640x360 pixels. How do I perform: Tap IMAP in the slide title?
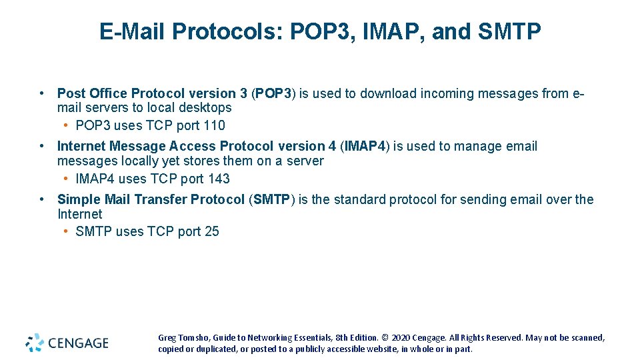coord(385,31)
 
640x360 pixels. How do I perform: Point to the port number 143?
coord(219,179)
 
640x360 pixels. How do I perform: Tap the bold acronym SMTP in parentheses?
coord(271,199)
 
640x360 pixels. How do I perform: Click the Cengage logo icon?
coord(35,343)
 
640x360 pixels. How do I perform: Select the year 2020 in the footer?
coord(399,338)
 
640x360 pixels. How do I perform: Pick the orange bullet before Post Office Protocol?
coord(42,93)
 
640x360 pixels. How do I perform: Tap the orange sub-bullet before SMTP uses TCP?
coord(67,231)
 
